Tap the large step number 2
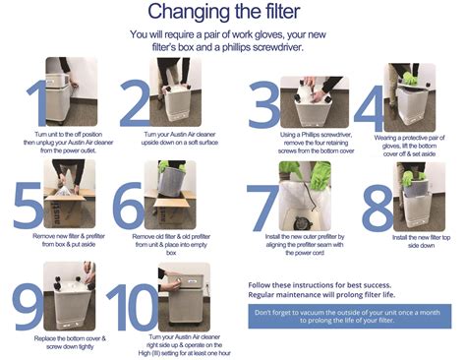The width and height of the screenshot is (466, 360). coord(133,96)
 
